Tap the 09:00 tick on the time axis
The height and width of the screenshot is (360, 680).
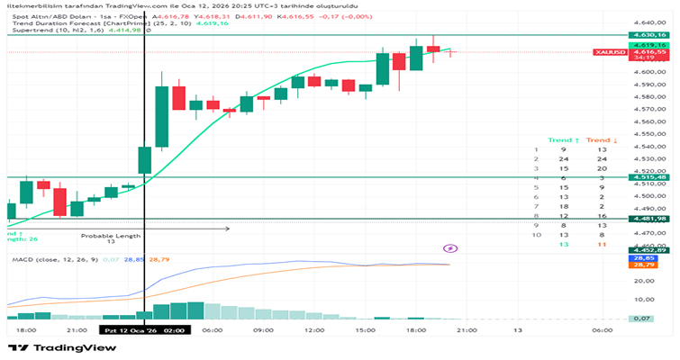coord(263,330)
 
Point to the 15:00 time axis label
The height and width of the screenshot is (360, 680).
coord(365,330)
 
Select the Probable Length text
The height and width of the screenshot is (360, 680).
coord(111,236)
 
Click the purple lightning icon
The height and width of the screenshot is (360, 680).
coord(450,247)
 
